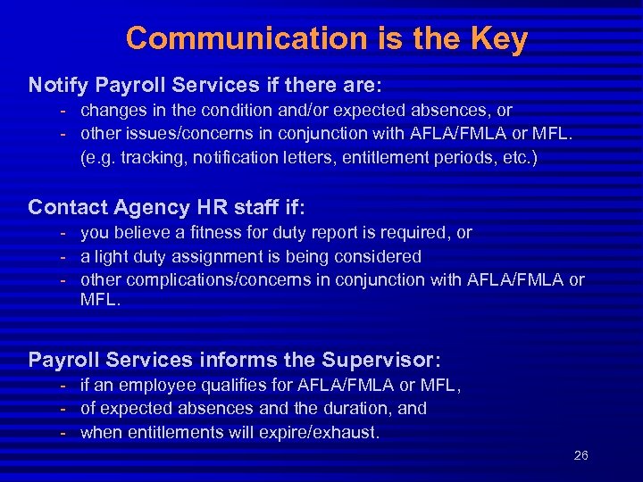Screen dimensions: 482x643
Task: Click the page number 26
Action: pos(580,456)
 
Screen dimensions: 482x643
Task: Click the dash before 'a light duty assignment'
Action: pos(64,256)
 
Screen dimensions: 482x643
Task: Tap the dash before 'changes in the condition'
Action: pos(64,111)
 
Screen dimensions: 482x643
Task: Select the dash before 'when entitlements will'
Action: pos(64,433)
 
